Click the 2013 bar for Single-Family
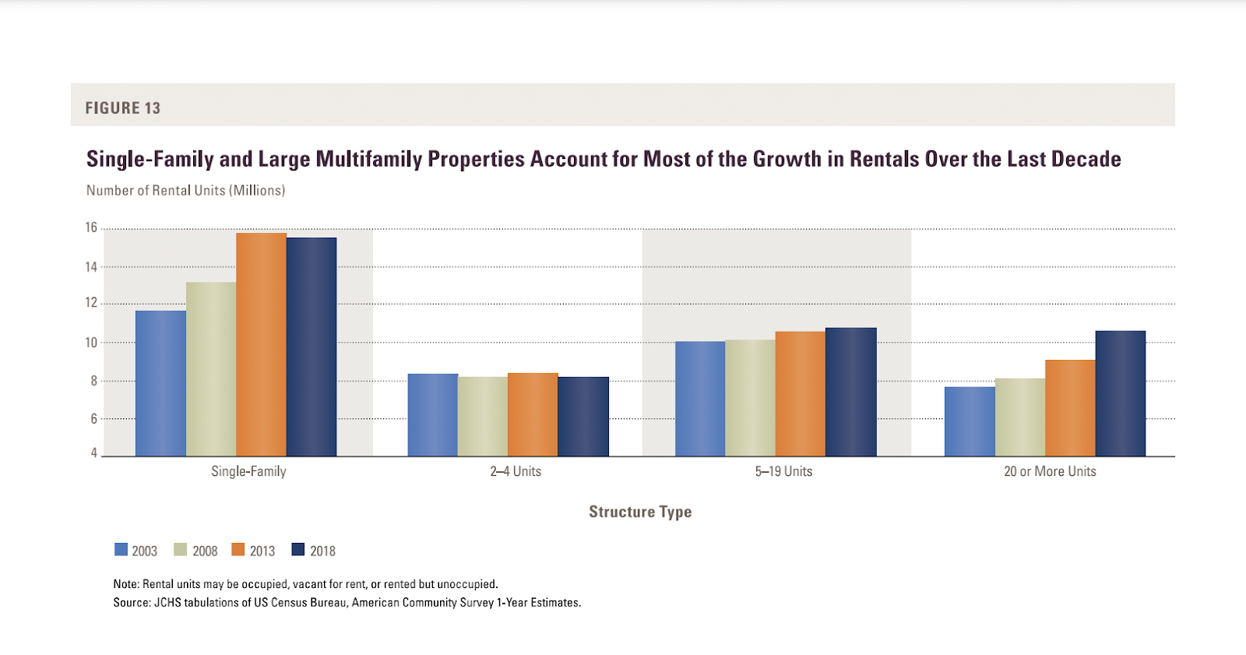coord(261,344)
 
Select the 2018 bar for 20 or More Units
coord(1120,393)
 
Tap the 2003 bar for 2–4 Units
coord(432,414)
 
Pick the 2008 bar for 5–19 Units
coord(750,397)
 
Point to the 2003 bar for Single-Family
coord(160,383)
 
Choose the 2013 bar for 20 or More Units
coord(1070,407)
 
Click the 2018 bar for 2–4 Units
coord(583,416)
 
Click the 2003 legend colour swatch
coord(121,550)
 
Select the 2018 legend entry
coord(313,551)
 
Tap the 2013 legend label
coord(262,551)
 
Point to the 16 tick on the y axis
coord(91,227)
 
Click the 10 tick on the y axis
coord(91,343)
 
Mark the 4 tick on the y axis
coord(94,453)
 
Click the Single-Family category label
coord(248,471)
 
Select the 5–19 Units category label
coord(783,471)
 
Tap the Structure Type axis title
coord(640,512)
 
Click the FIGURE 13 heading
coord(123,108)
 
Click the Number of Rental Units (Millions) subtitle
coord(185,191)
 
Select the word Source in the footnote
coord(131,603)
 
